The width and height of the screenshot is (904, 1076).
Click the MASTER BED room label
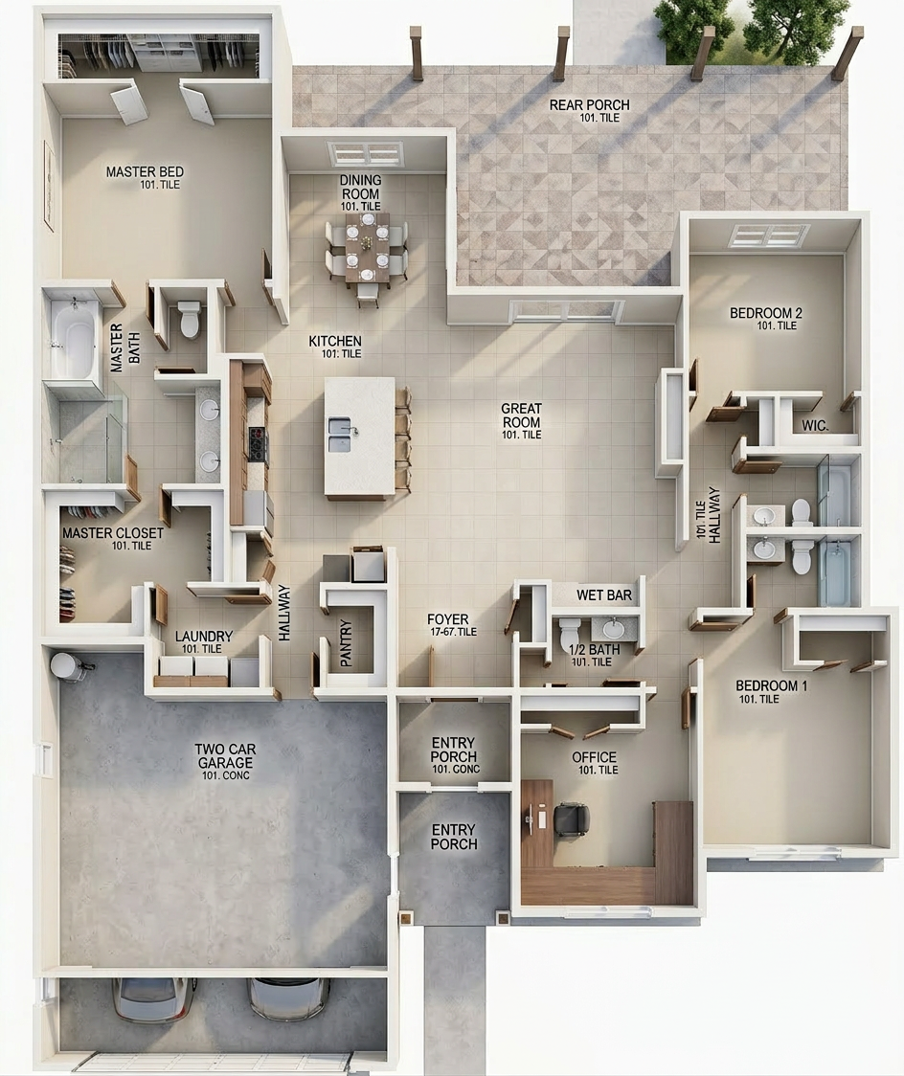145,171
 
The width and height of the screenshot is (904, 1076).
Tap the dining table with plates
367,247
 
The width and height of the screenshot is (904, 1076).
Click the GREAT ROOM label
522,415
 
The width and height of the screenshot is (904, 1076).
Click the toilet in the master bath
189,320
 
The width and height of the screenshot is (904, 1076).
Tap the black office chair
572,820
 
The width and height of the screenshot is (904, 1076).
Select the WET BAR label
604,594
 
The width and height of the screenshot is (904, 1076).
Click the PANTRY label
347,643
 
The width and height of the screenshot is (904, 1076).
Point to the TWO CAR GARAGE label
224,756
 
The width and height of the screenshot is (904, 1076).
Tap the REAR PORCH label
590,105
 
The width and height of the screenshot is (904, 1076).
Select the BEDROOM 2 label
766,313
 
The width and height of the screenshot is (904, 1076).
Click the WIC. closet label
816,425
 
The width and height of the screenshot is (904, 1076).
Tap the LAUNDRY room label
204,637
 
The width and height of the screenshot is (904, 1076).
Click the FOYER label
448,619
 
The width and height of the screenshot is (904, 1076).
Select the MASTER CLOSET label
113,532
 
